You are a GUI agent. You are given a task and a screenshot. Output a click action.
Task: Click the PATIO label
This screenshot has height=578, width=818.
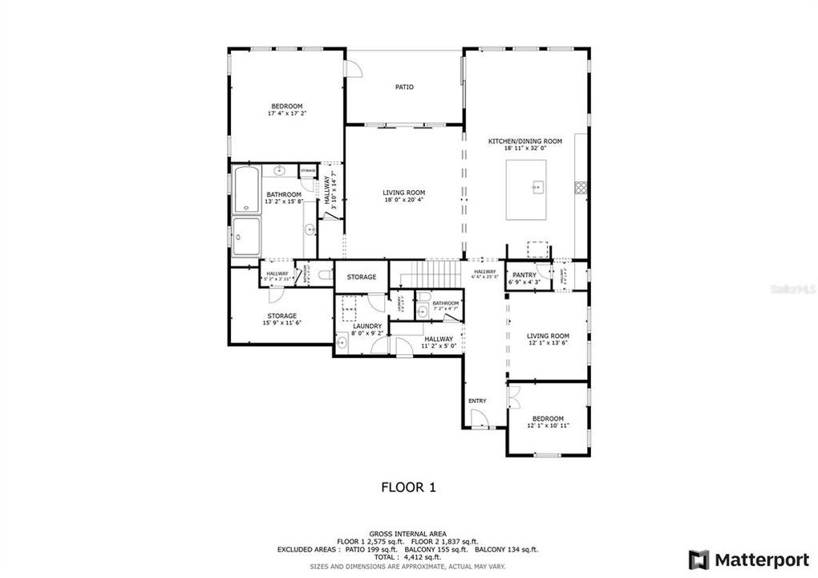(x=404, y=87)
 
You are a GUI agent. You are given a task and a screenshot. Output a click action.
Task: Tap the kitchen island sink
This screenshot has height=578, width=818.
(x=535, y=186)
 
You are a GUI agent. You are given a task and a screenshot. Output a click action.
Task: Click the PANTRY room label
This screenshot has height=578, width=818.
(x=524, y=275)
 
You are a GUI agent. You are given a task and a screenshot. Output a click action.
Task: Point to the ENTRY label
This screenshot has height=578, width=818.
(x=477, y=401)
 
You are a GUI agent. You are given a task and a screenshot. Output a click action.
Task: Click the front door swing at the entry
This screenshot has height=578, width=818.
(x=479, y=417)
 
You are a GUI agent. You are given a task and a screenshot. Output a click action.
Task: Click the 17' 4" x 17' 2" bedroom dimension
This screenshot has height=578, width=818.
(x=286, y=114)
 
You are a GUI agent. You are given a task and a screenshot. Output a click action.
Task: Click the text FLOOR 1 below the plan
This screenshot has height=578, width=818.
(x=408, y=486)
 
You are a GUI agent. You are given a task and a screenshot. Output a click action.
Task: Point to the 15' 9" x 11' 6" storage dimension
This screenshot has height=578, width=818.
(x=282, y=324)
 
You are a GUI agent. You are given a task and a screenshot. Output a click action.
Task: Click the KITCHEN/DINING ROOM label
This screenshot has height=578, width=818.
(x=525, y=141)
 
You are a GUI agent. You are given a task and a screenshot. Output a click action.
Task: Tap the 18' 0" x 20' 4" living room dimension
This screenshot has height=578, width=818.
(x=403, y=200)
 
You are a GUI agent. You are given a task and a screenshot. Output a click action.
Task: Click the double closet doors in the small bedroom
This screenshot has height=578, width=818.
(x=515, y=397)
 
